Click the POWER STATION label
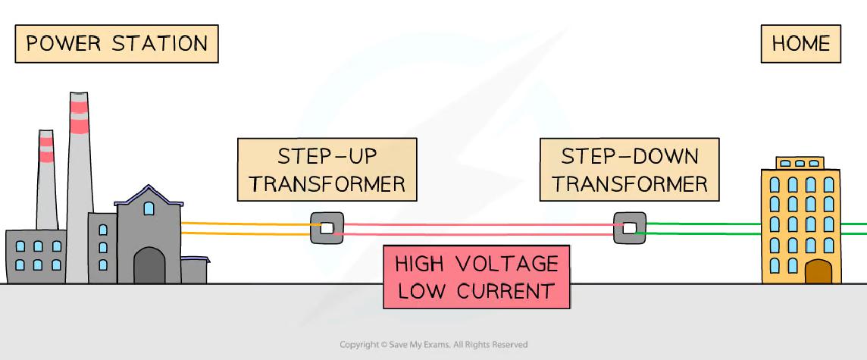point(117,43)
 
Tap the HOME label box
point(800,43)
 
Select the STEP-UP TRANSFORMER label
point(327,169)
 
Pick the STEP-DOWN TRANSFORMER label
point(629,169)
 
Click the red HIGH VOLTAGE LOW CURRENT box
point(476,277)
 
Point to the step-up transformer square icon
point(327,227)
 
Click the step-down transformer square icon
point(629,227)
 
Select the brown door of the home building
point(818,271)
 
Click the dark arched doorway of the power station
point(149,266)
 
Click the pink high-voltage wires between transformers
point(477,229)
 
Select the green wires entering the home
point(701,228)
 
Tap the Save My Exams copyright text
point(434,345)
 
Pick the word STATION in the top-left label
point(160,43)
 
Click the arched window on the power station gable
point(149,207)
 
